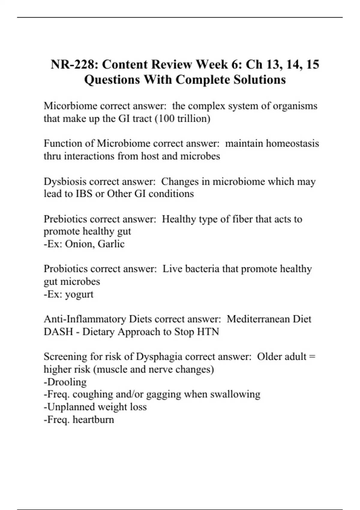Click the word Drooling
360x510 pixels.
tap(67, 382)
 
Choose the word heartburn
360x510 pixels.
tap(93, 419)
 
